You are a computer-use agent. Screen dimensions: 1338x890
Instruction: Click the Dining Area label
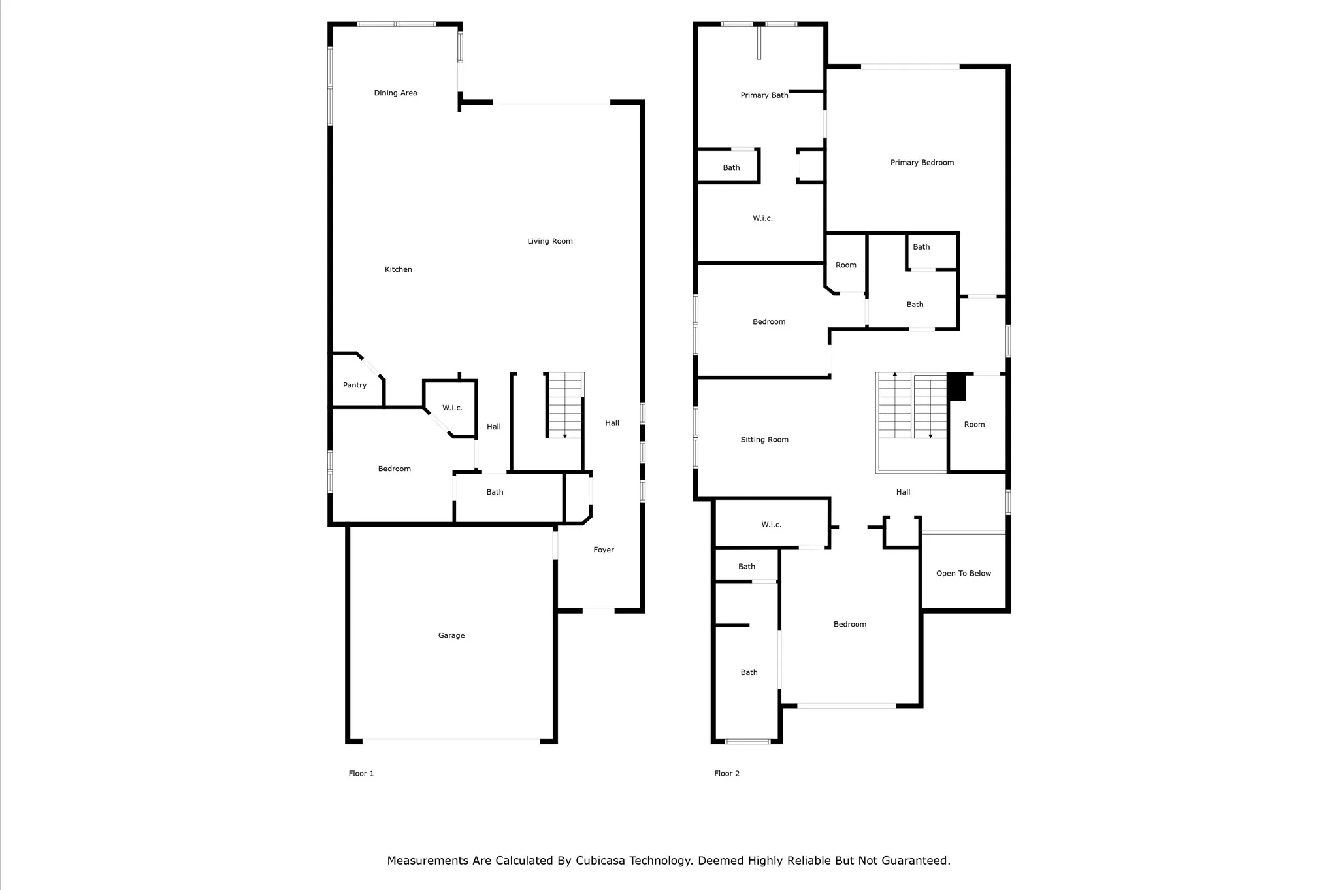[x=395, y=93]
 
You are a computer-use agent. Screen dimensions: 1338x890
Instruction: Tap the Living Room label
[x=550, y=241]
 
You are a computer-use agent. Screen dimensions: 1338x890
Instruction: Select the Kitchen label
[x=399, y=269]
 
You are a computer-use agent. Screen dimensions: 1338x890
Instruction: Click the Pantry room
[x=356, y=381]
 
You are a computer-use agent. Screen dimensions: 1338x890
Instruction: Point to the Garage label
[x=451, y=635]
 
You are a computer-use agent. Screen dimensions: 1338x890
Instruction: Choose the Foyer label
[x=604, y=550]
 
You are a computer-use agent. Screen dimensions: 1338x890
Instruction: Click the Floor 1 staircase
[x=564, y=405]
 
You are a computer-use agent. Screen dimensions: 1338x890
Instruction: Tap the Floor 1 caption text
[x=361, y=774]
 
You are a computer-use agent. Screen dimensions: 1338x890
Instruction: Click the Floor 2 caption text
[x=727, y=774]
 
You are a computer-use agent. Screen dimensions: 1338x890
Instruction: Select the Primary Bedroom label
[x=922, y=163]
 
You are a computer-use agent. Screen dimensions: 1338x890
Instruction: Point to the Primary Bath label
[x=764, y=95]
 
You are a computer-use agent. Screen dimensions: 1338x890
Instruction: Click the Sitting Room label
[x=764, y=440]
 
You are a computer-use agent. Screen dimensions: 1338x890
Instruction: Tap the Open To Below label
[x=964, y=574]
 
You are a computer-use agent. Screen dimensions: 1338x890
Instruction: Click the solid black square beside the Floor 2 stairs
[x=956, y=387]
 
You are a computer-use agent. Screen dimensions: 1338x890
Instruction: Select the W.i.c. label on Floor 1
[x=452, y=408]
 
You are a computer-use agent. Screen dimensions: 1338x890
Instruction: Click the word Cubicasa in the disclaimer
[x=600, y=861]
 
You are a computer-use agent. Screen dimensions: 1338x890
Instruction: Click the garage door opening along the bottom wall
[x=451, y=740]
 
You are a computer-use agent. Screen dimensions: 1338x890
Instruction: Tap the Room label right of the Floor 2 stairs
[x=974, y=425]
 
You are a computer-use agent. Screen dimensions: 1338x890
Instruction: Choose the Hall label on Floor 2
[x=903, y=492]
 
